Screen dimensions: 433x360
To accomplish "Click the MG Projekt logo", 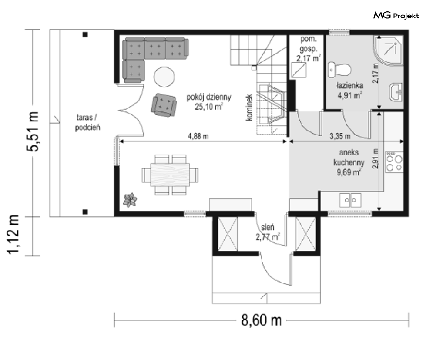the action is pos(396,16).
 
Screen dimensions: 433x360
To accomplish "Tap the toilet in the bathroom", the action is pos(339,70).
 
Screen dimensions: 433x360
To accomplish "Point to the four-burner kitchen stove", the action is pos(394,161).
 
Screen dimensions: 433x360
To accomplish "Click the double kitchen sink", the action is pos(350,200).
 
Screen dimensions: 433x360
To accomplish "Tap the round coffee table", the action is pos(164,77).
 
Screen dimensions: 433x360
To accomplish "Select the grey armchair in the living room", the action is pos(164,105).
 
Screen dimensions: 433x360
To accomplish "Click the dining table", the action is pos(170,175).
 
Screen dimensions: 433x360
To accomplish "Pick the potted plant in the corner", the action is pos(130,200).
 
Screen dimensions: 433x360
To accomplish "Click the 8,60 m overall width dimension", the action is pos(262,320).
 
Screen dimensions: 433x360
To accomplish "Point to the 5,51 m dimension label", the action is pos(33,131).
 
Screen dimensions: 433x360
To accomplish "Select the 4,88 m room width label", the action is pos(198,136).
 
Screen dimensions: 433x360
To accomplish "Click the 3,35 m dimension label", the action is pos(340,136).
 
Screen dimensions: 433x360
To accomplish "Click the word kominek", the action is pos(249,108).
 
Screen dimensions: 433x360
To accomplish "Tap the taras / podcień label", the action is pos(87,122).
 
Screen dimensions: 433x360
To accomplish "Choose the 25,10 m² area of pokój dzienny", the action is pos(209,106).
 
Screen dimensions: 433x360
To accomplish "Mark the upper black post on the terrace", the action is pos(85,34).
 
